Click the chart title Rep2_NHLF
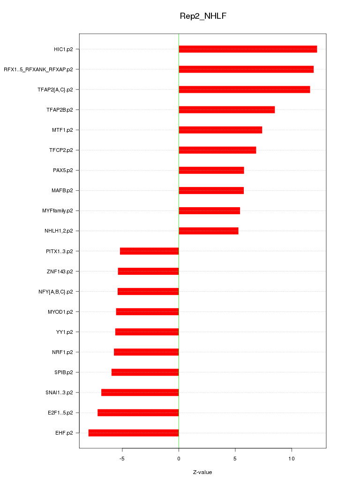(x=203, y=16)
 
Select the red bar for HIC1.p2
(x=247, y=49)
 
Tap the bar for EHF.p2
(x=134, y=433)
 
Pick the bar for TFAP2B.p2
(x=226, y=110)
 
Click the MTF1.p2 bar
(x=220, y=130)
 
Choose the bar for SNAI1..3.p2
(x=140, y=392)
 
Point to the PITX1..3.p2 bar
(x=149, y=251)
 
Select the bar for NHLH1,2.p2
(x=209, y=231)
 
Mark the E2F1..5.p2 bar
(x=138, y=413)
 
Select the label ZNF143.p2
(x=60, y=271)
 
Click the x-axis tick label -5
(x=122, y=459)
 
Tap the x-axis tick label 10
(x=292, y=459)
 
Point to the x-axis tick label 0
(x=179, y=459)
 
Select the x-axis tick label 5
(x=235, y=459)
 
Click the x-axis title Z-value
(x=202, y=472)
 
